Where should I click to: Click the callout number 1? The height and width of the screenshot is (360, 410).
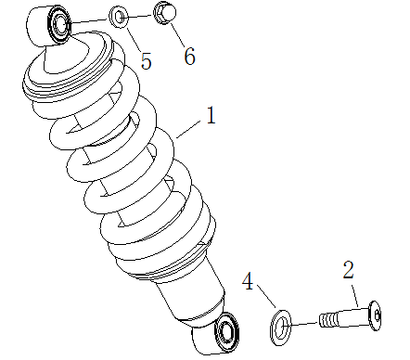211,117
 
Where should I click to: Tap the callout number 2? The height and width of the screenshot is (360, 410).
349,271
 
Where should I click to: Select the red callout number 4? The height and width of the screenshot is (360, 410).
249,280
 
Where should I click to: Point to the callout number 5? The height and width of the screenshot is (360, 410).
146,60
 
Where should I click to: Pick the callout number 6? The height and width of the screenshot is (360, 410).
189,56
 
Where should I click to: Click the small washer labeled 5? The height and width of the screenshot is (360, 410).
120,17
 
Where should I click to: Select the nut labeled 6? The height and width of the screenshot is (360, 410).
166,15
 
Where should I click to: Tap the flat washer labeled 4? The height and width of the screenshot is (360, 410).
279,324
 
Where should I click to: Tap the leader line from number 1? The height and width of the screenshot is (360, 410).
187,131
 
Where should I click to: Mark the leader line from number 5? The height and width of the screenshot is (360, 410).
133,37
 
